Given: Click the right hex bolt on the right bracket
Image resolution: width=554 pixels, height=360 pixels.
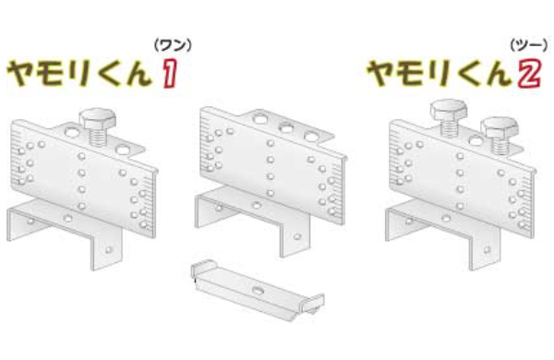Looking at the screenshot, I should click(499, 130).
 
